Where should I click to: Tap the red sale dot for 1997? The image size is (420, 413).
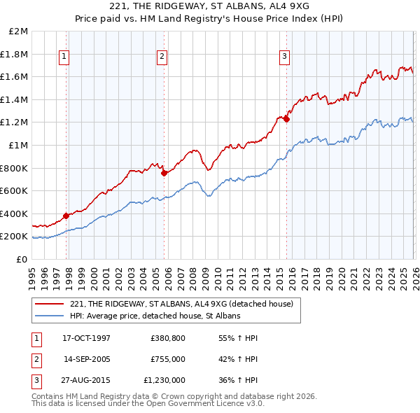[66, 216]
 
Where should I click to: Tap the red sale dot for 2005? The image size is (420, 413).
[164, 173]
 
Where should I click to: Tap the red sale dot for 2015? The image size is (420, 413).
[287, 119]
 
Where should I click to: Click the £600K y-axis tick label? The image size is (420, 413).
[15, 191]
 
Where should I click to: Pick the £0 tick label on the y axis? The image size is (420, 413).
[23, 259]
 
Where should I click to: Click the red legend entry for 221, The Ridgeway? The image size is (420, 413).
[185, 304]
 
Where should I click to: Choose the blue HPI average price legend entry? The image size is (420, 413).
[155, 316]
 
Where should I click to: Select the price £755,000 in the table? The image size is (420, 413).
[167, 359]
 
